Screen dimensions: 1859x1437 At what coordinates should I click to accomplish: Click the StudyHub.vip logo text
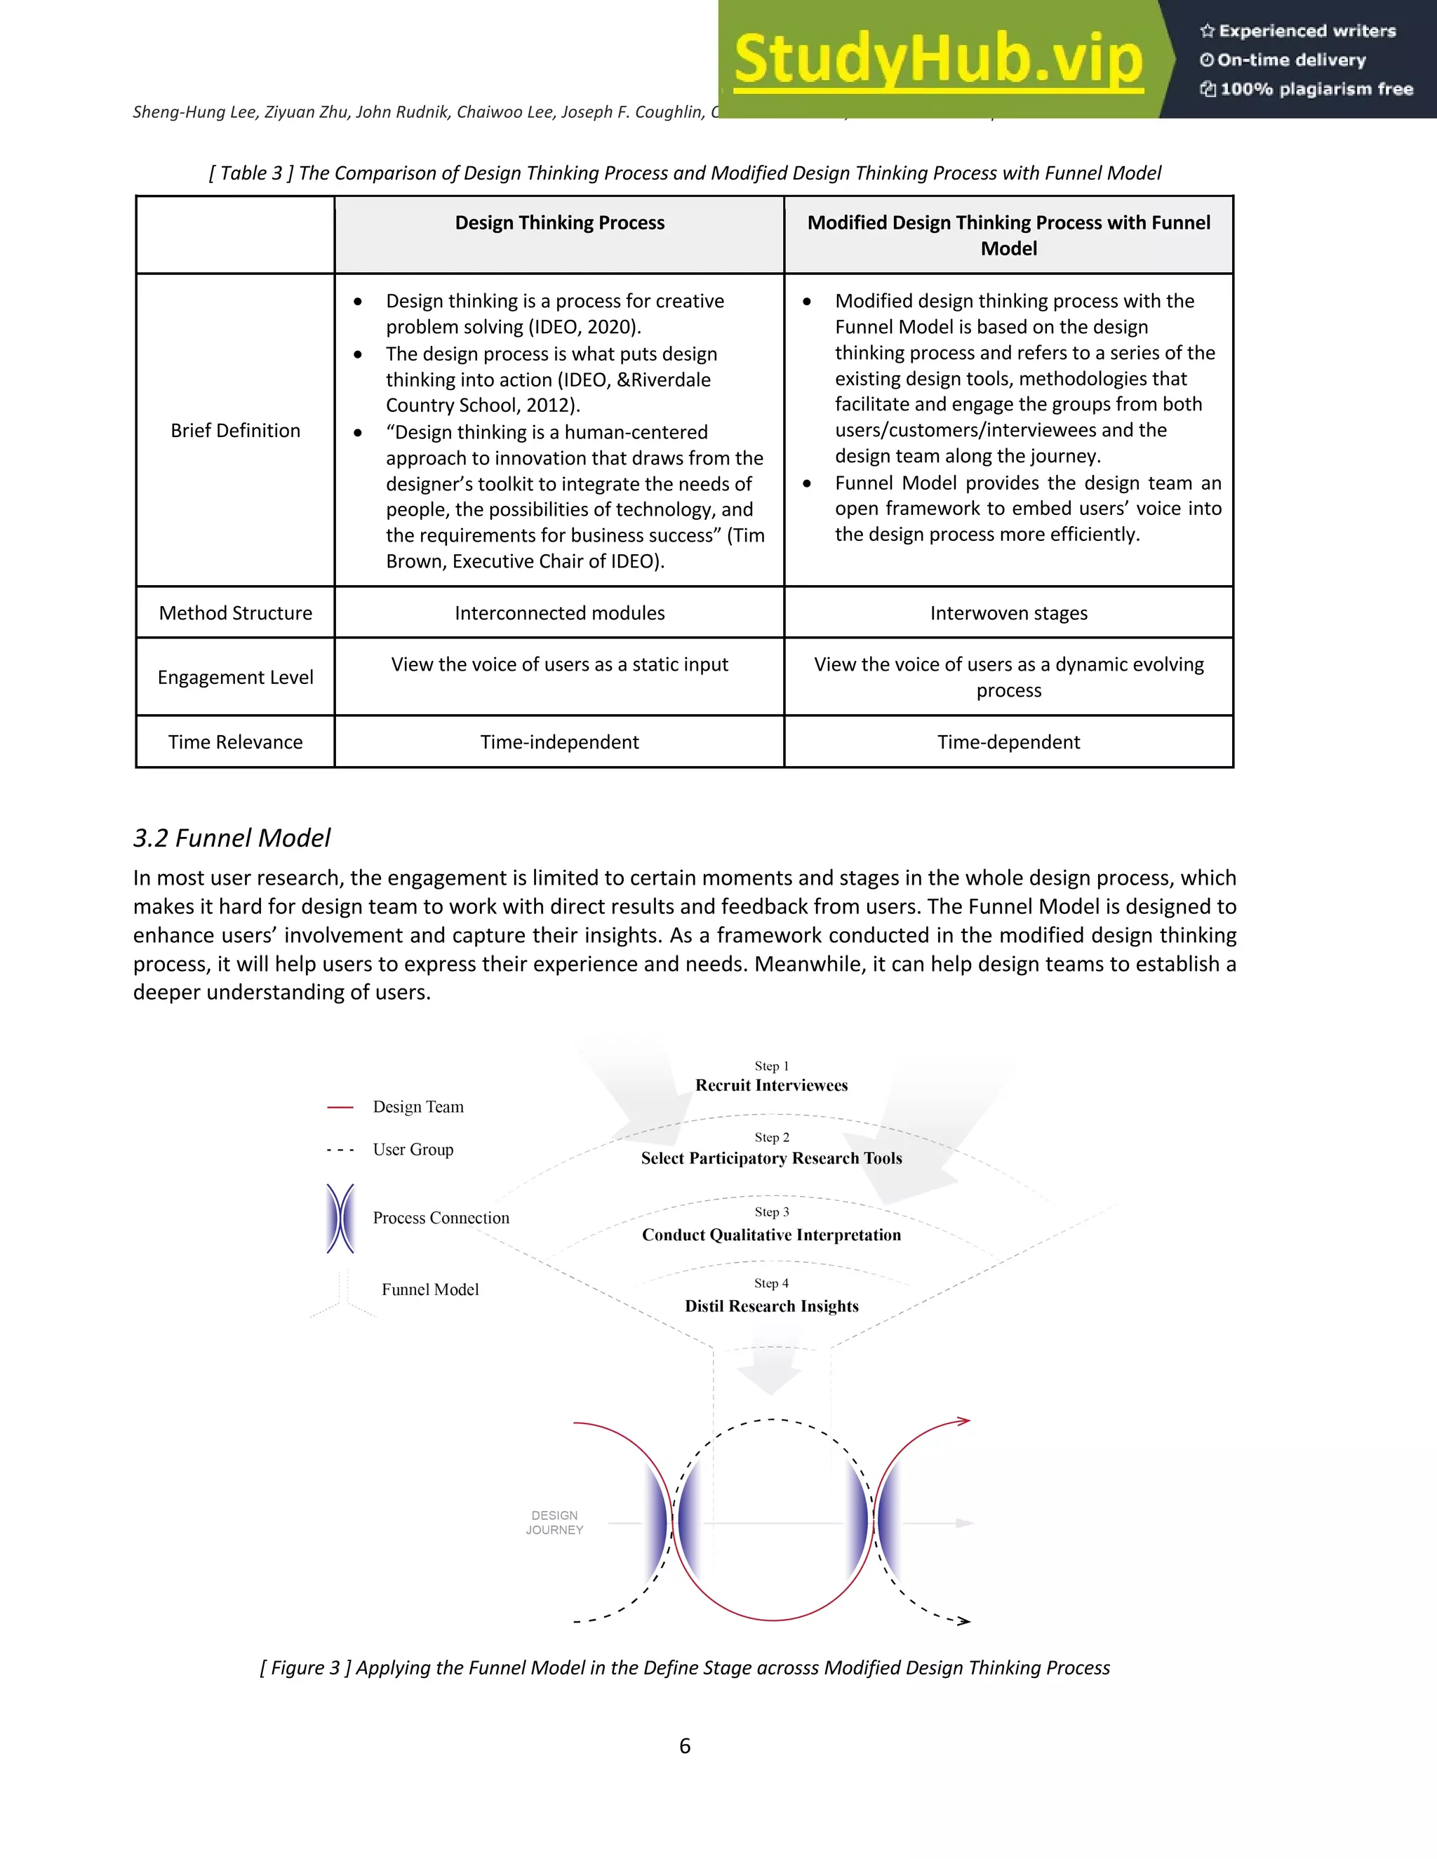click(937, 59)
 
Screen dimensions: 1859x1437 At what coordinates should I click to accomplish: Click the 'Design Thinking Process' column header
click(559, 223)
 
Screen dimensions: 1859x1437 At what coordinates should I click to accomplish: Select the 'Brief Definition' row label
click(235, 431)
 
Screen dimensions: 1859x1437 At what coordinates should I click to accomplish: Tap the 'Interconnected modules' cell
click(559, 613)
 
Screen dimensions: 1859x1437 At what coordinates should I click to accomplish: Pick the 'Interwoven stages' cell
click(1008, 613)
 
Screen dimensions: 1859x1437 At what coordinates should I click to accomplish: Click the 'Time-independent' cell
click(559, 742)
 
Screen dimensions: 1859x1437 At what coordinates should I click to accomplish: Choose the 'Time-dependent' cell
click(1008, 742)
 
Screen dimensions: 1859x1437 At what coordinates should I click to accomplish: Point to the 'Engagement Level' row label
click(235, 678)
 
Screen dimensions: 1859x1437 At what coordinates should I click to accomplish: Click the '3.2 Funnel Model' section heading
click(232, 838)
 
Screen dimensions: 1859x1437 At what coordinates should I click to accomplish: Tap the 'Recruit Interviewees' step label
click(771, 1085)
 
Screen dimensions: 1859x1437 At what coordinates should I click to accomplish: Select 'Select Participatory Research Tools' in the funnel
click(771, 1158)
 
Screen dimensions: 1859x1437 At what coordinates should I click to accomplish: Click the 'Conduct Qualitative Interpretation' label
click(771, 1235)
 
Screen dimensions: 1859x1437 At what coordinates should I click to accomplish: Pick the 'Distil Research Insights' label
click(771, 1307)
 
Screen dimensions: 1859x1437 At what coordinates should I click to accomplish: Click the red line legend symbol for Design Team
click(340, 1108)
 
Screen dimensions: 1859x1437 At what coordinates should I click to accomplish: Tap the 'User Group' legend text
click(413, 1150)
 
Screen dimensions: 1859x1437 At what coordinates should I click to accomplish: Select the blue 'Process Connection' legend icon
click(340, 1218)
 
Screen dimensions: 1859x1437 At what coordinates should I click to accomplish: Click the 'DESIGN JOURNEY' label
click(554, 1523)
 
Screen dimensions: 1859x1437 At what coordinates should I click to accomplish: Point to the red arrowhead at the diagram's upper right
click(963, 1421)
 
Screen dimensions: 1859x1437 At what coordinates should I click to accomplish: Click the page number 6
click(684, 1747)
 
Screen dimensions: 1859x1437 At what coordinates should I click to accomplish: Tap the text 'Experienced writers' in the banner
click(1306, 32)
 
